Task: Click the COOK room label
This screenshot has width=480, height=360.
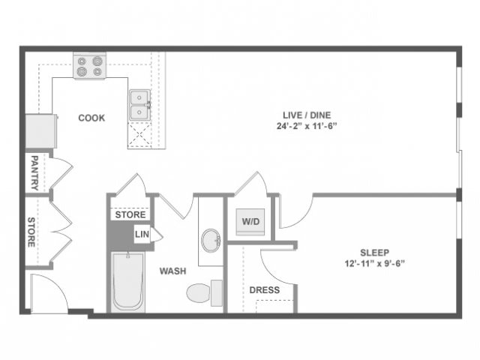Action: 91,118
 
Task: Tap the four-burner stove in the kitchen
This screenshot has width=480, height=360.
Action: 89,67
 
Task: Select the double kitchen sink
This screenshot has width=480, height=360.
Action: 139,105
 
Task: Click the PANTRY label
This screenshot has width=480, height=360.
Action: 34,172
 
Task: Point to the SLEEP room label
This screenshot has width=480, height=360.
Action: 374,252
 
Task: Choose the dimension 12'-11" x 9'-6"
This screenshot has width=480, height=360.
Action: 374,263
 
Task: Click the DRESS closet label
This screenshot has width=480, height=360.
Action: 264,290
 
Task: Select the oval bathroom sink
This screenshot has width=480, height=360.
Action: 211,240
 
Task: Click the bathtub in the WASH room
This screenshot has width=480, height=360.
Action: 127,282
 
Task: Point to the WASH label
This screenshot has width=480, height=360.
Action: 172,271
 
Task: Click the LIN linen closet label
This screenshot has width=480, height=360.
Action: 142,234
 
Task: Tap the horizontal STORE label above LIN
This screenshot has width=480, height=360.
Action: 130,215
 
